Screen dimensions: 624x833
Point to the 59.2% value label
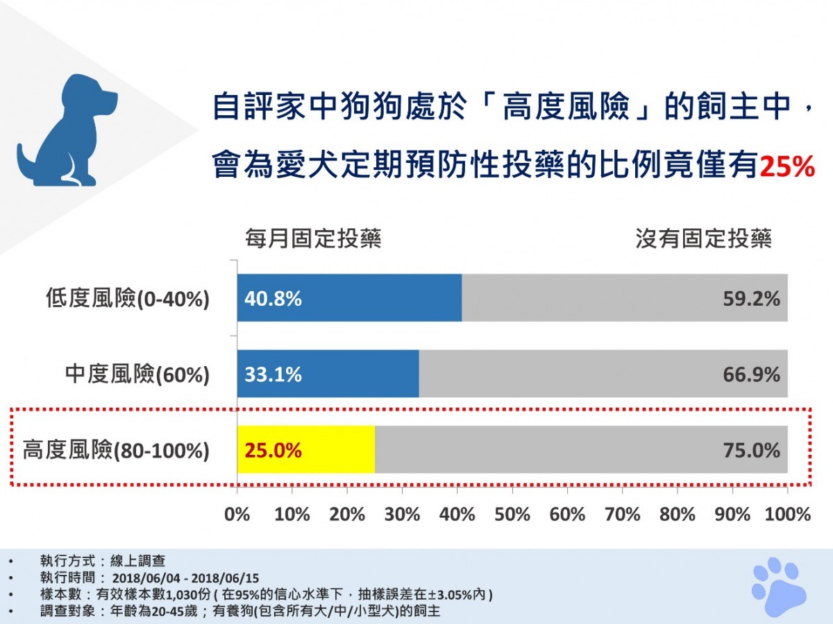tap(752, 299)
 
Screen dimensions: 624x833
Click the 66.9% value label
tap(752, 375)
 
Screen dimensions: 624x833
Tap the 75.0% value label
tap(752, 451)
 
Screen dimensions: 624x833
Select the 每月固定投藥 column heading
tap(313, 239)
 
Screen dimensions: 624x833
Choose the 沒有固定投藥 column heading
tap(703, 239)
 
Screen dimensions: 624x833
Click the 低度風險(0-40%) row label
tap(127, 299)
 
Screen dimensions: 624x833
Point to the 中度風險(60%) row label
tap(137, 375)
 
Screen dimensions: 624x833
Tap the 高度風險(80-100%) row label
tap(116, 451)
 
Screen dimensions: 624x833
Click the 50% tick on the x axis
tap(512, 514)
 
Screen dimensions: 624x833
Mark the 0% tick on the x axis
tap(237, 514)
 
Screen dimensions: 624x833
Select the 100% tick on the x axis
tap(787, 514)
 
